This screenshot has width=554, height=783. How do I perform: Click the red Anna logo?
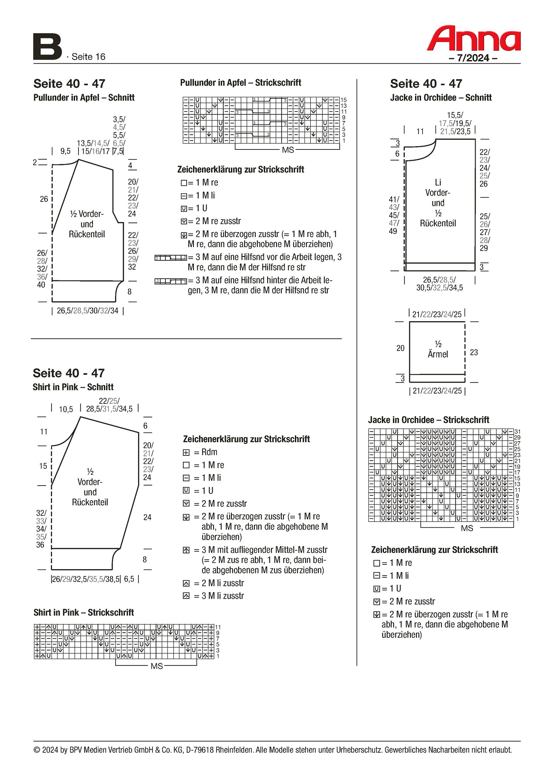point(473,39)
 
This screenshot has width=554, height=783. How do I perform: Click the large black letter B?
point(47,47)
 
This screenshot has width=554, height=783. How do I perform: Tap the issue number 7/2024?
point(473,58)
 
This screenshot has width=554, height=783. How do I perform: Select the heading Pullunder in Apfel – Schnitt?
point(84,98)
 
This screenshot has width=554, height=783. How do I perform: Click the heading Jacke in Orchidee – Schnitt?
point(441,98)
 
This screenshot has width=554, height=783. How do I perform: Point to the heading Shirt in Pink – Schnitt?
point(73,387)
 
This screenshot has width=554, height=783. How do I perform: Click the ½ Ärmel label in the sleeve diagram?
point(438,349)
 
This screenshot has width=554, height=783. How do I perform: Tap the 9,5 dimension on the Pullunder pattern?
point(65,151)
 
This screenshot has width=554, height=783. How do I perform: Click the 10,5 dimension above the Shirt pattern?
point(66,409)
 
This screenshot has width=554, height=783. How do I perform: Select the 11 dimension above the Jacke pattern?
point(420,131)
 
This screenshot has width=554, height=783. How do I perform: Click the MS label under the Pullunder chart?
point(288,150)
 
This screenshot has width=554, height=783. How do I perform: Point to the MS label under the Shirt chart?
point(156,666)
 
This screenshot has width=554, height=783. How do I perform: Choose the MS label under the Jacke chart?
point(467,528)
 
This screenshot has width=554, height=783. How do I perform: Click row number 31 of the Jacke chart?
point(517,432)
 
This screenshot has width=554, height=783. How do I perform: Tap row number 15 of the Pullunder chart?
point(343,100)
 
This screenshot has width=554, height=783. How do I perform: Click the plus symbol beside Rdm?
point(186,452)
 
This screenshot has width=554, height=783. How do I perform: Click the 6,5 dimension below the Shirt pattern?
point(129,579)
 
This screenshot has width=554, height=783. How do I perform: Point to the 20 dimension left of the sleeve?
point(401,348)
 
